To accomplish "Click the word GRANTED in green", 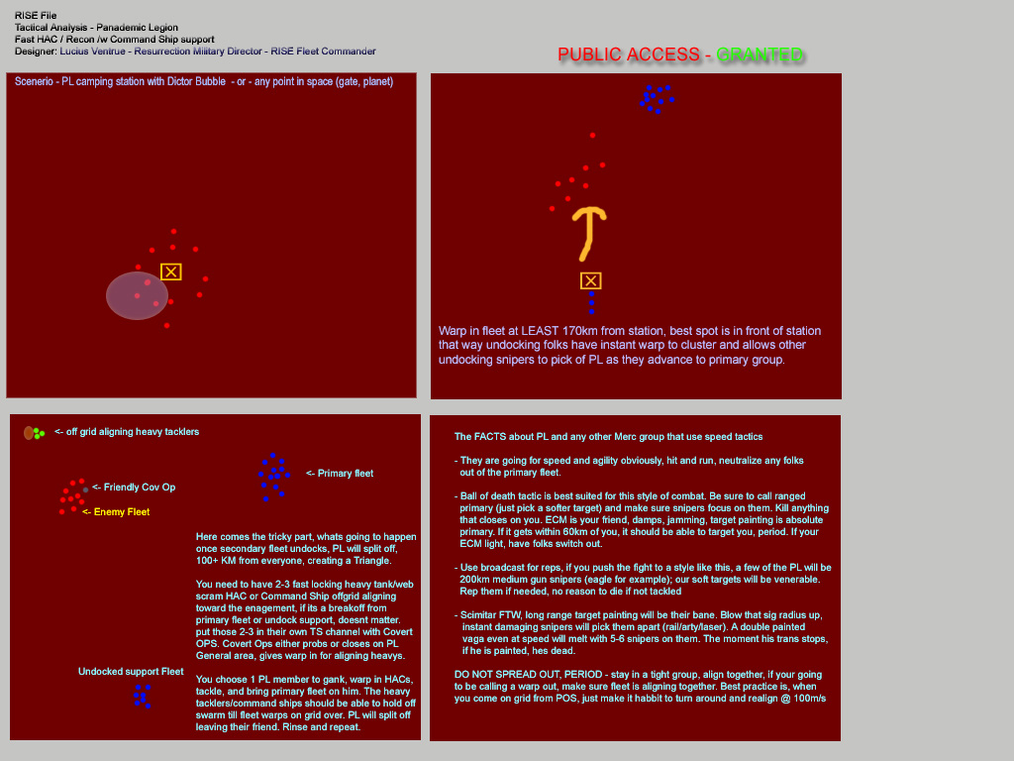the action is pos(760,54).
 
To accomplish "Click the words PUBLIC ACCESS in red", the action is pos(629,54).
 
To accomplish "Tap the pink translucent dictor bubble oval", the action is pos(137,295).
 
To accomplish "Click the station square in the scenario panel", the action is pos(170,272).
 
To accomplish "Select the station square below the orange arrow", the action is pos(590,280).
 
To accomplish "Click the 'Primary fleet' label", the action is pos(346,473).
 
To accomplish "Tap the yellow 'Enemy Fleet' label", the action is pos(122,512).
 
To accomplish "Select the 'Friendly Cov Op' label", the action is pos(140,488).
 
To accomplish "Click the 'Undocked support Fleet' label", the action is pos(131,672).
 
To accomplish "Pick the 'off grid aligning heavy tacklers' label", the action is pos(133,432).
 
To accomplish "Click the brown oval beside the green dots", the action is pos(29,433).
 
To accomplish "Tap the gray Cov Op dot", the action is pos(85,489).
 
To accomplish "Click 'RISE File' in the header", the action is pos(36,16).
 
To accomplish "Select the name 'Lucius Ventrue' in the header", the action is pos(92,52).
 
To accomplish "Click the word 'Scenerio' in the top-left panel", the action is pos(35,81).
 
